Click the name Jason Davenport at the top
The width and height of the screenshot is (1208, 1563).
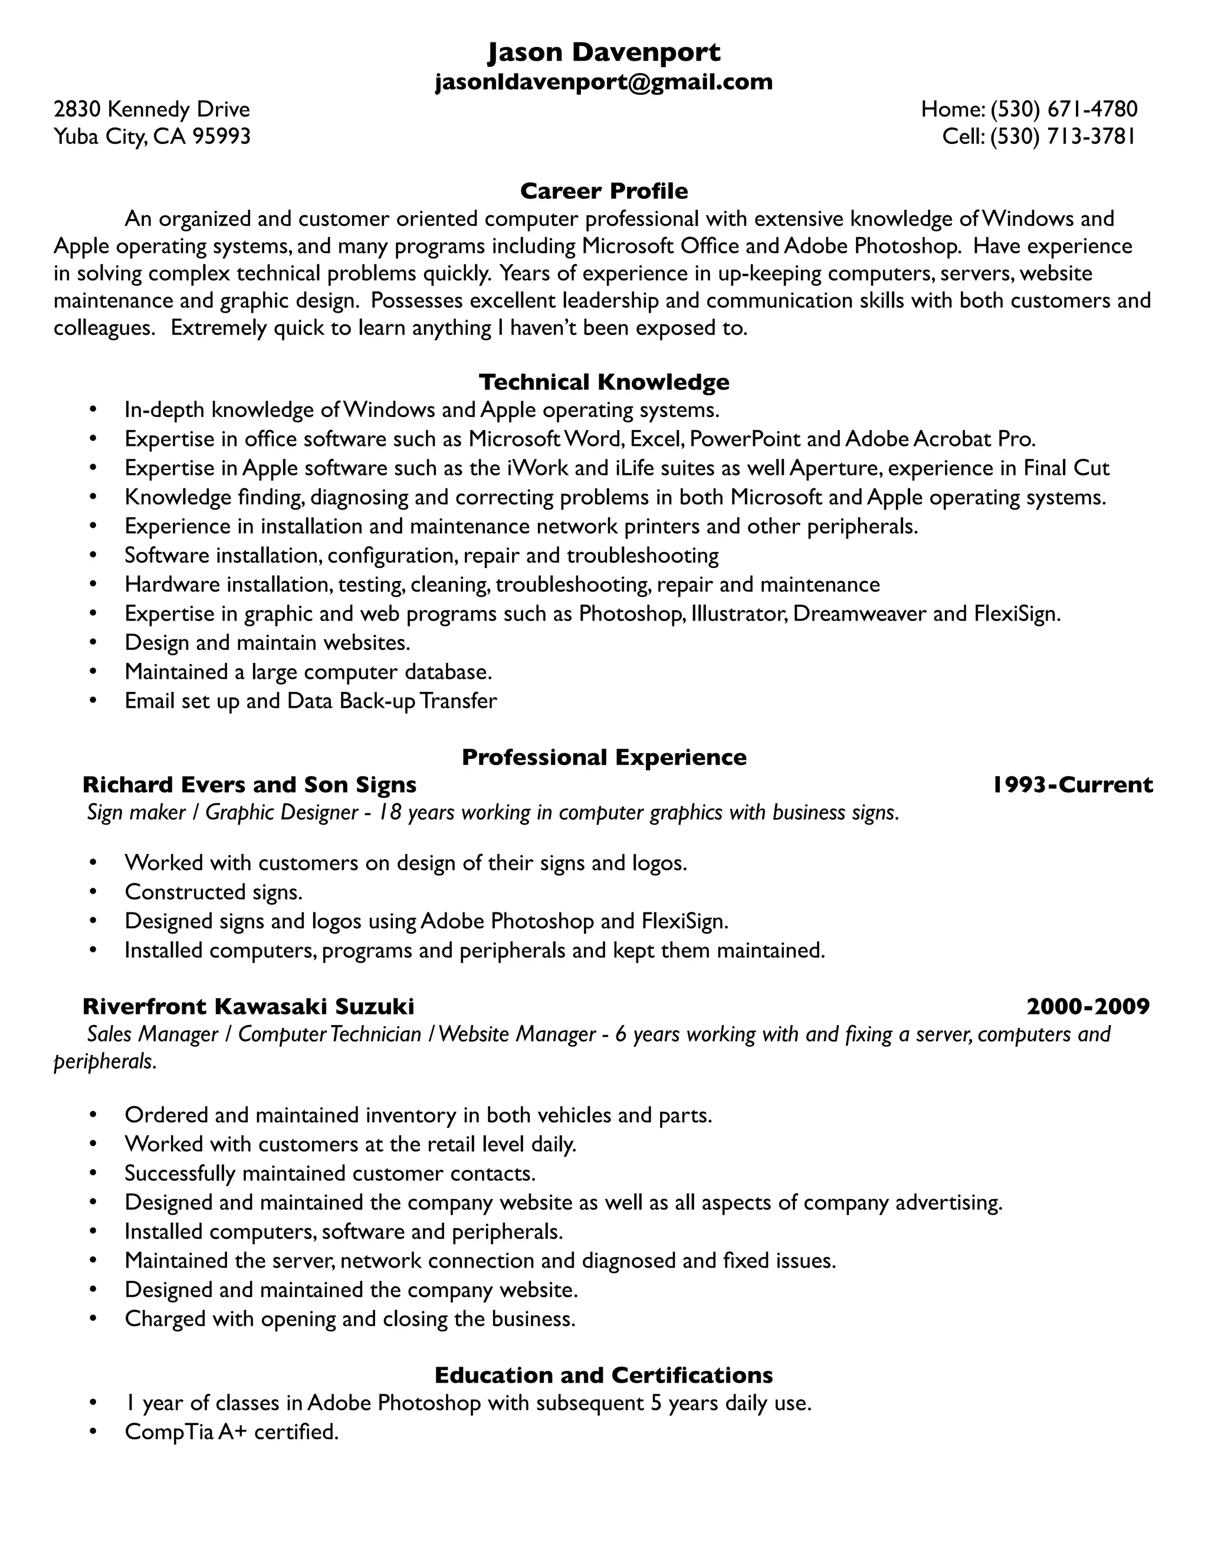point(603,52)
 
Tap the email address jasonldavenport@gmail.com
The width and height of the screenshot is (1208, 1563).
point(603,81)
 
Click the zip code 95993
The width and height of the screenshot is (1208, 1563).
point(222,136)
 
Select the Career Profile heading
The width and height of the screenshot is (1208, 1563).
point(603,191)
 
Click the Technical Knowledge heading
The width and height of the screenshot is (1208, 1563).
point(603,382)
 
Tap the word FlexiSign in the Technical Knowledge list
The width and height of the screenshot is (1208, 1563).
point(1016,613)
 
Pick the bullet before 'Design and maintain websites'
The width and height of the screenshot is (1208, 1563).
point(93,643)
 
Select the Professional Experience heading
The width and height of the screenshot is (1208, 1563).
point(603,757)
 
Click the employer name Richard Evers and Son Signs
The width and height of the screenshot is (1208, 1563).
point(249,785)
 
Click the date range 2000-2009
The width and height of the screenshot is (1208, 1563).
point(1087,1007)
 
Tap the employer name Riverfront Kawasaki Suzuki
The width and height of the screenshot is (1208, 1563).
point(248,1007)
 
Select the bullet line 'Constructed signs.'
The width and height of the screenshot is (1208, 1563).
point(214,892)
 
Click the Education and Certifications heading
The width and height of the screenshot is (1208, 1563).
point(603,1375)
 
